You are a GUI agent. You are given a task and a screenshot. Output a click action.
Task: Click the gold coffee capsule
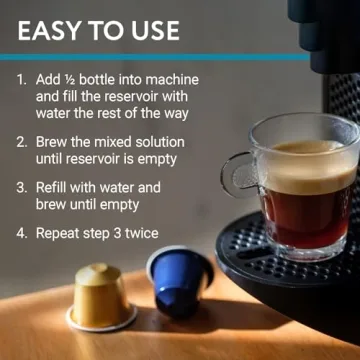coord(100,297)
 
